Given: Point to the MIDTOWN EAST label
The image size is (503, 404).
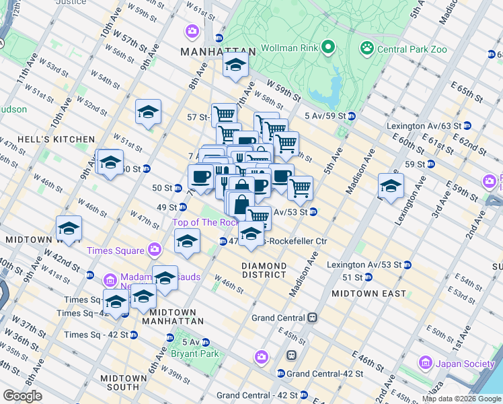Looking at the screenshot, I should coord(369,294).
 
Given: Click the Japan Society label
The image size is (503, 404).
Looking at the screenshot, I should coord(465,364).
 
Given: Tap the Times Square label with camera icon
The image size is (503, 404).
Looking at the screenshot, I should coord(116,250).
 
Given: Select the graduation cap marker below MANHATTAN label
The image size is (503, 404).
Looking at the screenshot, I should coord(235,66).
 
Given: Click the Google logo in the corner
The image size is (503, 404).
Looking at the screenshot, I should coord(23,396).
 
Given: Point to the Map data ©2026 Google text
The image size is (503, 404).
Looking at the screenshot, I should coord(461,399).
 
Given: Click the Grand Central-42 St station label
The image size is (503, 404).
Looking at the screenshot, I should coord(325,373).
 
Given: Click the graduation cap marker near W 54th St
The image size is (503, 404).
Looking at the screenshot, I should coord(148,113).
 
